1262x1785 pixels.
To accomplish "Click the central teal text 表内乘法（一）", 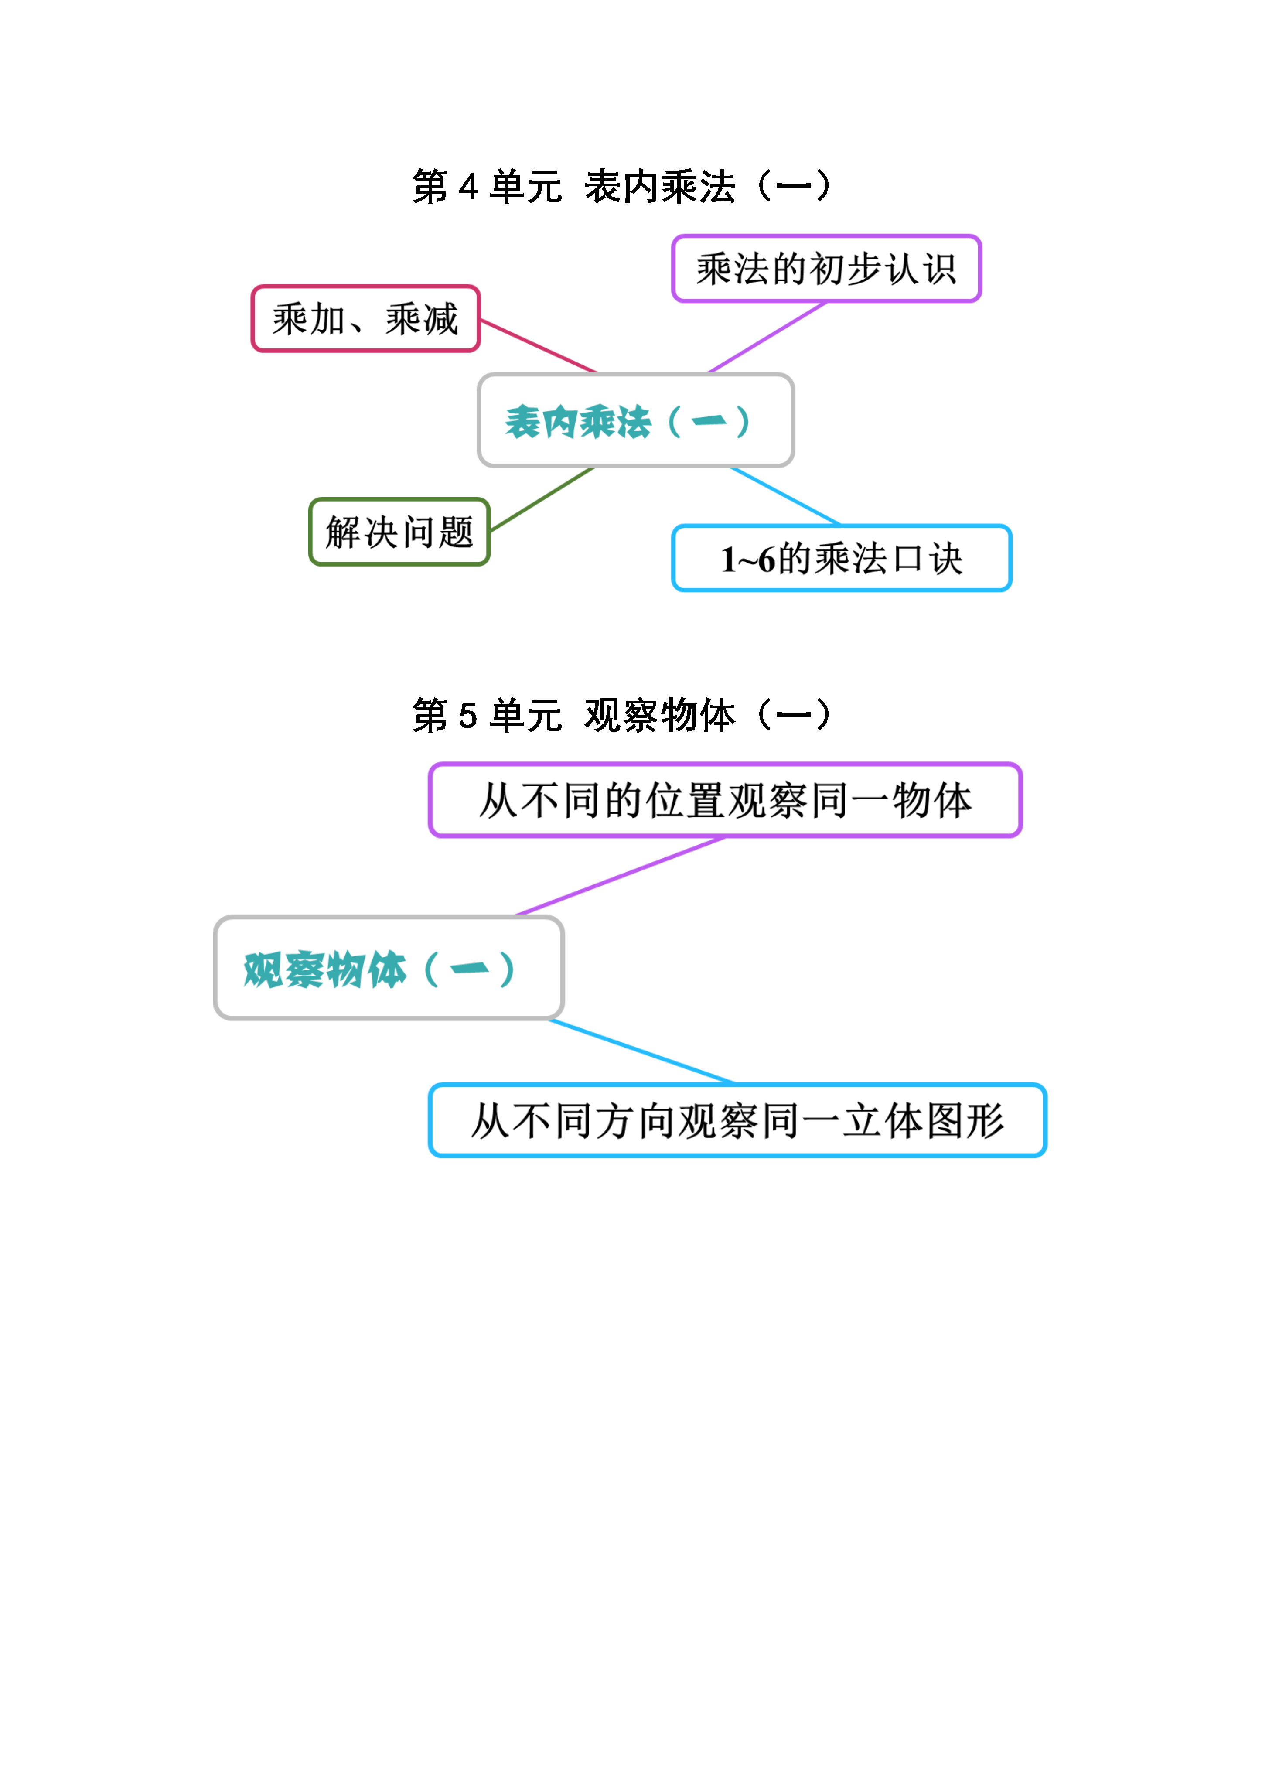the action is click(x=628, y=422).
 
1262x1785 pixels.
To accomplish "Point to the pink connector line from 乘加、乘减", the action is click(x=538, y=346).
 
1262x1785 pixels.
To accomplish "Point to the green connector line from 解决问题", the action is click(x=542, y=499).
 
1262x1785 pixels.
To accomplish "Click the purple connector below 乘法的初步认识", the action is click(x=767, y=338).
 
